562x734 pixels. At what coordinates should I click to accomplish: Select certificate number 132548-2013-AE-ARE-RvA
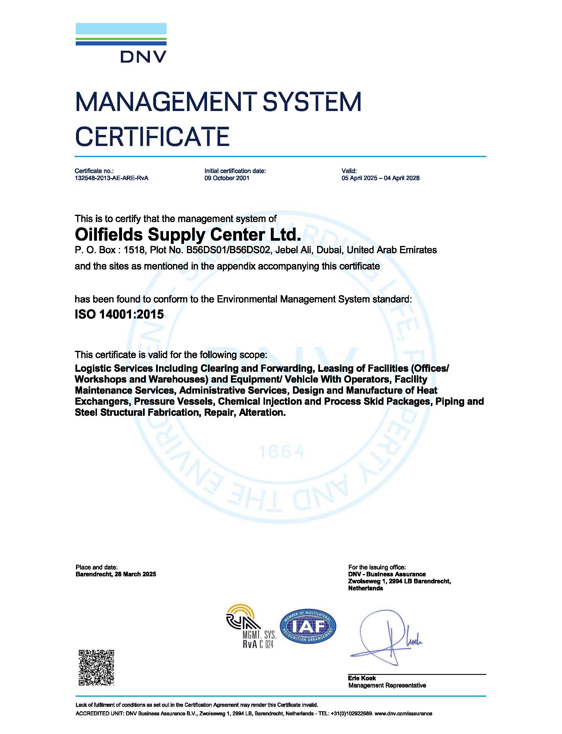(112, 178)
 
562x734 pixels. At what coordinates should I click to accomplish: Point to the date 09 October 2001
(227, 178)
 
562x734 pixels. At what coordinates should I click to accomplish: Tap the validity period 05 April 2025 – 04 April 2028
(380, 178)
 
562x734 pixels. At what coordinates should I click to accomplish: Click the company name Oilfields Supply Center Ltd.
(188, 235)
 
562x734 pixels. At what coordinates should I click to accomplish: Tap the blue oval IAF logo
(308, 626)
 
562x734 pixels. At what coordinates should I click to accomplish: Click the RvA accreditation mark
(251, 627)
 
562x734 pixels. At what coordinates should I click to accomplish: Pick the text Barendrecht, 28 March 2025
(116, 574)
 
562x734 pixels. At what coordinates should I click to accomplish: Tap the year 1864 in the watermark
(282, 452)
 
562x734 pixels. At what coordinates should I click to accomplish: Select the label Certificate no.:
(94, 171)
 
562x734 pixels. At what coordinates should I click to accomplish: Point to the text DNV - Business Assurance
(387, 574)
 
